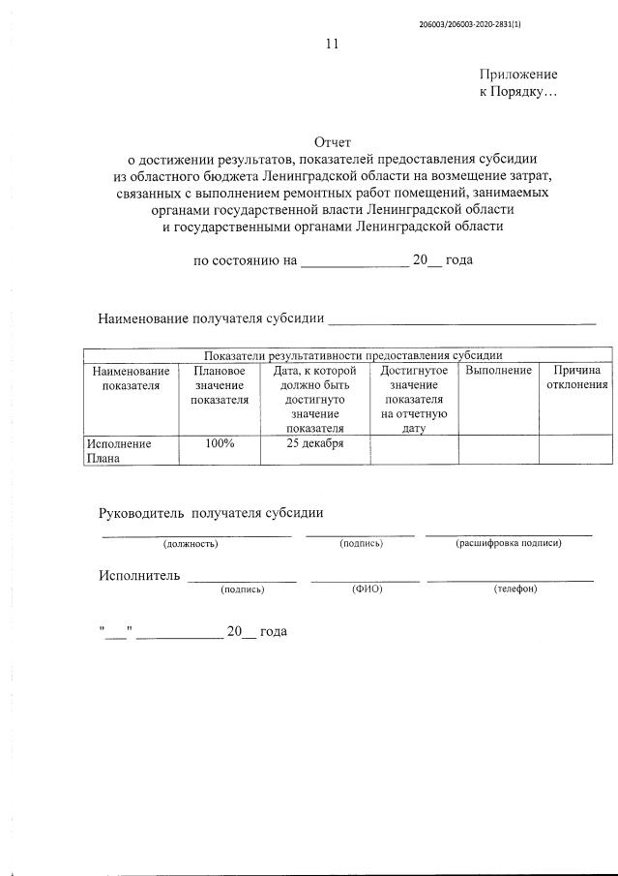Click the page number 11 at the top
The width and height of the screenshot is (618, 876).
pyautogui.click(x=333, y=44)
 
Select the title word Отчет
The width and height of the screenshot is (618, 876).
pyautogui.click(x=334, y=142)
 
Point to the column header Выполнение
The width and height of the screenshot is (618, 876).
pyautogui.click(x=498, y=371)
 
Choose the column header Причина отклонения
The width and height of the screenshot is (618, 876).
pyautogui.click(x=576, y=378)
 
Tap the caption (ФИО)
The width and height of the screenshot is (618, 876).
pyautogui.click(x=367, y=589)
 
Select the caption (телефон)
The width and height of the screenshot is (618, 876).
pyautogui.click(x=515, y=589)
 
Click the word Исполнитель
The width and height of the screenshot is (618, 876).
pyautogui.click(x=139, y=576)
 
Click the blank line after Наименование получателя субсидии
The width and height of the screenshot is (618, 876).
pyautogui.click(x=462, y=318)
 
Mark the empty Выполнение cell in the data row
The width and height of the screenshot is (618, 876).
pyautogui.click(x=498, y=450)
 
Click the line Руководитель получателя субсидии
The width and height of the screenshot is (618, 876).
pyautogui.click(x=211, y=512)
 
